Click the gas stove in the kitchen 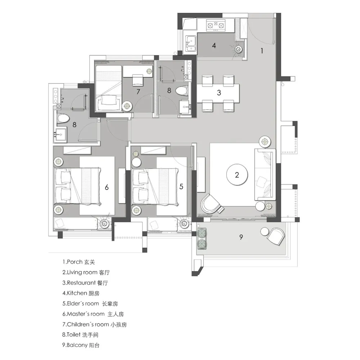(216, 25)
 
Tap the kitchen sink (190, 44)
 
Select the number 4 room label (214, 45)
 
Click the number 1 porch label (262, 51)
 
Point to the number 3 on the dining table (219, 93)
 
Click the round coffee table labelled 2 (237, 175)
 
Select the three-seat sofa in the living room (265, 175)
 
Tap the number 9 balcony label (241, 237)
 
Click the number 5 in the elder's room (181, 186)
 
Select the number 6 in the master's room (107, 187)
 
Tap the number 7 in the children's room (138, 91)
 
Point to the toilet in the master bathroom (63, 118)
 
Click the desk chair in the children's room (138, 80)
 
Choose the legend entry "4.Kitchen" (81, 293)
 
